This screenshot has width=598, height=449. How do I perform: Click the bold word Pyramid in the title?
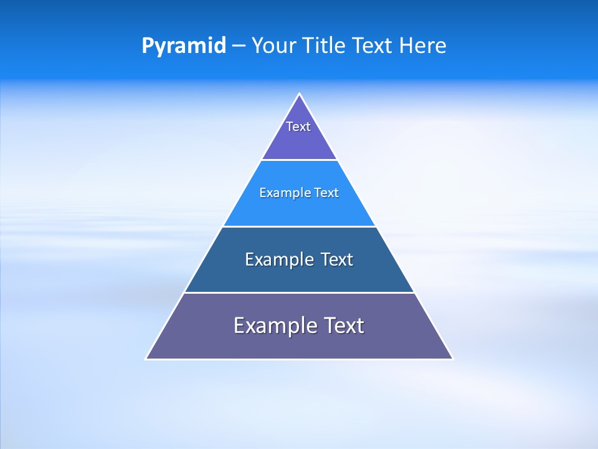coord(184,46)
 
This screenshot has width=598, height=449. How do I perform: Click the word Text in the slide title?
coord(373,46)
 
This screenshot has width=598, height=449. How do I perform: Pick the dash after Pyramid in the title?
coord(239,46)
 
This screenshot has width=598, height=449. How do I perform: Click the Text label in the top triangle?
coord(298,127)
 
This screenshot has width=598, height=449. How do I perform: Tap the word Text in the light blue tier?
coord(326,193)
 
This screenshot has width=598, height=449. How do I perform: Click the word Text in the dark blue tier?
coord(337,259)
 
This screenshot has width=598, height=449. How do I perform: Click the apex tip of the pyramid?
coord(300,94)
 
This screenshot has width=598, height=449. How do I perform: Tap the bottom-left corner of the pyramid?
coord(146,359)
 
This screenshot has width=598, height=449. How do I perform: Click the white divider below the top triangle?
coord(299,160)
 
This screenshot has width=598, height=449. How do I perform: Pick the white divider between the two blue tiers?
coord(299,226)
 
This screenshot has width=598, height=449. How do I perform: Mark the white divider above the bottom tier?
coord(299,292)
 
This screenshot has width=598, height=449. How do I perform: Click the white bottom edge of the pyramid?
coord(299,359)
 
